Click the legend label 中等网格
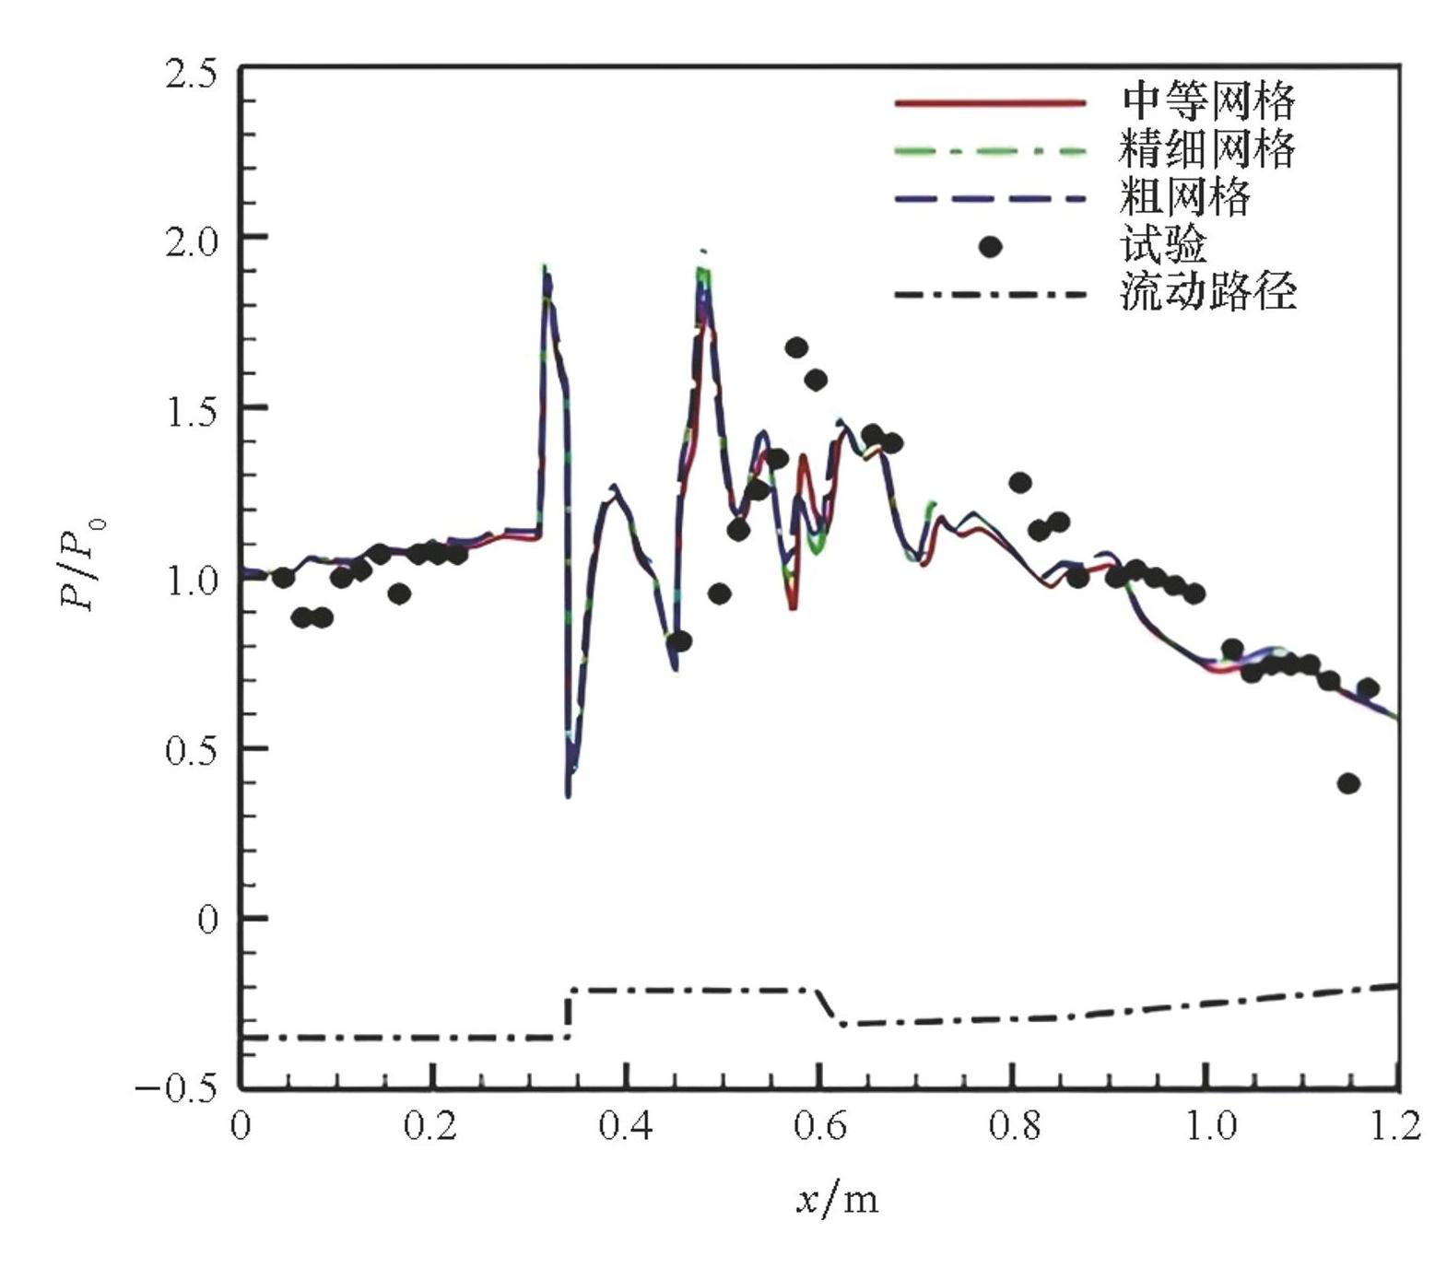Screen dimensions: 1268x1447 1208,101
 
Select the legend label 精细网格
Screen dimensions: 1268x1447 1208,149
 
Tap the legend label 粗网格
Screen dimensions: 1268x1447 1186,197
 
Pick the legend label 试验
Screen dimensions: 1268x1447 1163,245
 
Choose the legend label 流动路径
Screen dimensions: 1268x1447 1208,292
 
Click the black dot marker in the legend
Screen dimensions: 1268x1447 990,247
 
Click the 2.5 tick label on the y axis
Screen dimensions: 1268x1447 191,73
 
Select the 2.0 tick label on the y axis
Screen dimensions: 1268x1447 191,242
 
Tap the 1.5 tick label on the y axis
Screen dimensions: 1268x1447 191,412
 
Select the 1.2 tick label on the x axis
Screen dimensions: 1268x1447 1394,1126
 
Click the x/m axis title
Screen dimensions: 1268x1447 838,1200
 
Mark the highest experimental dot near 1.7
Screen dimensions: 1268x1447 796,348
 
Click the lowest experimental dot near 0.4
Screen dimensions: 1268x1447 1348,784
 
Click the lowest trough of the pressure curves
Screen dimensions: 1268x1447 569,794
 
